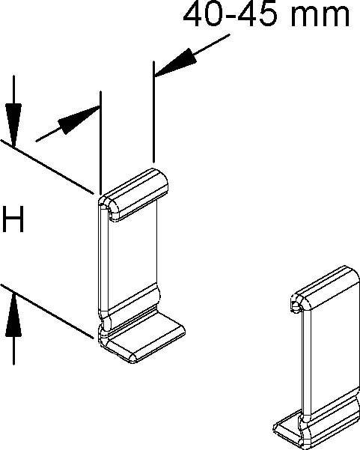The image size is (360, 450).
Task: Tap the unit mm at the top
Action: tap(320, 16)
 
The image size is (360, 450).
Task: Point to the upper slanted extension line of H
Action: tap(46, 167)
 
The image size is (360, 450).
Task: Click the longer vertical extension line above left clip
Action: tap(100, 142)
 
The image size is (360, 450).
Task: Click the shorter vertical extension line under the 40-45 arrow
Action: tap(153, 112)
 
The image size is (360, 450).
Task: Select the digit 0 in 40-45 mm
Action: tap(213, 13)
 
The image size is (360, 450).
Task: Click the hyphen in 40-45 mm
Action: tap(230, 16)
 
